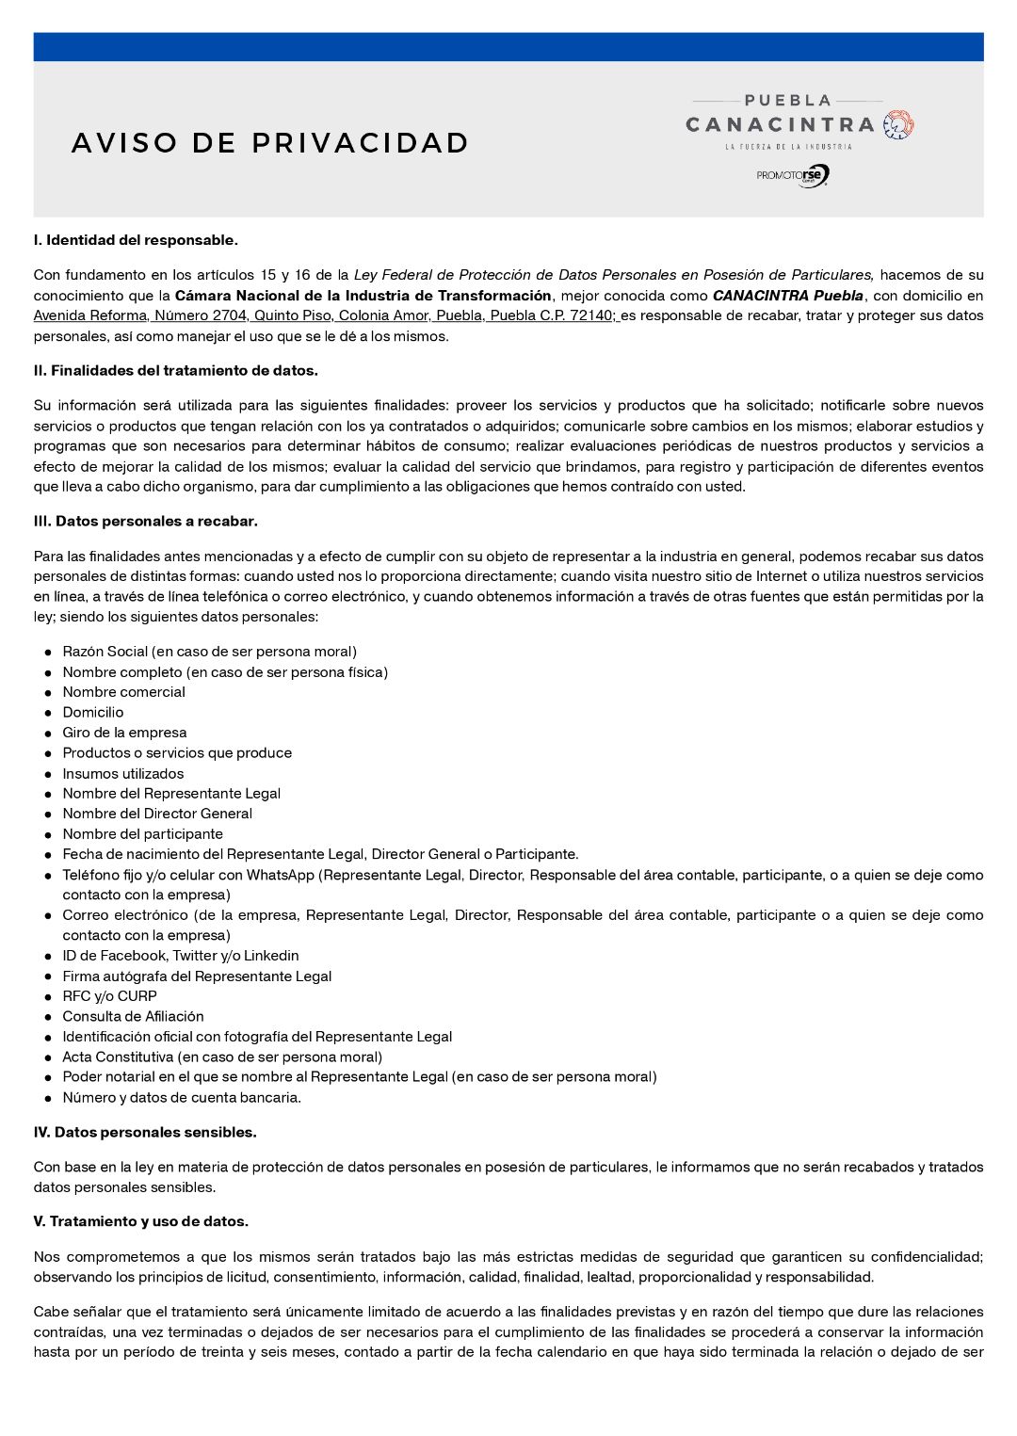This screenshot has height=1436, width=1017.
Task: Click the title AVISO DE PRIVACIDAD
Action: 270,143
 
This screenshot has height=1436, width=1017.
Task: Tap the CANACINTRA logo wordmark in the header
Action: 781,125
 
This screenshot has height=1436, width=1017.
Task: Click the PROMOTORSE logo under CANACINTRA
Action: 793,175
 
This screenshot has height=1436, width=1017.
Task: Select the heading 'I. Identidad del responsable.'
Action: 136,240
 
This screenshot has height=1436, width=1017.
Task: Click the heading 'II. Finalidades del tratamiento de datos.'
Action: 176,371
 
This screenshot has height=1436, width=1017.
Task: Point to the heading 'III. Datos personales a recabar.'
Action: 146,522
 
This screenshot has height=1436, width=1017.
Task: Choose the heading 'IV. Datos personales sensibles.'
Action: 145,1133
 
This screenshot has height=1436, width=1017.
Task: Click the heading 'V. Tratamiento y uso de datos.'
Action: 141,1222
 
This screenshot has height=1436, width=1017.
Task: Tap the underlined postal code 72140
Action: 590,315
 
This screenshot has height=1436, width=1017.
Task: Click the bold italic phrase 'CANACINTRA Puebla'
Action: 787,296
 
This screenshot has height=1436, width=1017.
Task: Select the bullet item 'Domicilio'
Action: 93,713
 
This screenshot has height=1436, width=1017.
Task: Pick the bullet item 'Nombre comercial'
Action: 124,692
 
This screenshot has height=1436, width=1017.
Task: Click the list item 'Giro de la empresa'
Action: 124,733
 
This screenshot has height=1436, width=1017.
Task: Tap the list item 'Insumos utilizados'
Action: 123,774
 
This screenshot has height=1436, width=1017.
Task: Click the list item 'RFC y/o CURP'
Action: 109,996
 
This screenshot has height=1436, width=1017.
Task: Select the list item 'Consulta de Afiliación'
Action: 133,1017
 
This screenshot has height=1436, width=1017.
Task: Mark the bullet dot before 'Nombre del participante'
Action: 48,835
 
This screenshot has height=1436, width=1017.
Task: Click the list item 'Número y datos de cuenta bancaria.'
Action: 182,1098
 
